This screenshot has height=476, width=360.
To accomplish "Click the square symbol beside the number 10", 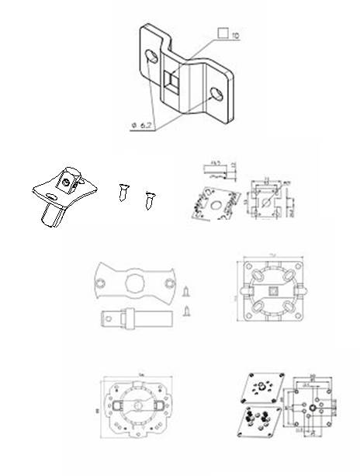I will click(x=223, y=34).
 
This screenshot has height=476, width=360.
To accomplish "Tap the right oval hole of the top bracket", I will click(x=218, y=94).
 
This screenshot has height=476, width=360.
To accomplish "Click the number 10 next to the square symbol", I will click(x=236, y=35).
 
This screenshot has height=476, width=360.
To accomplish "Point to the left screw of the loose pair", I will click(x=123, y=191).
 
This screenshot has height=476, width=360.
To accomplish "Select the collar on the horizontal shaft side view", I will click(x=123, y=318).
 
